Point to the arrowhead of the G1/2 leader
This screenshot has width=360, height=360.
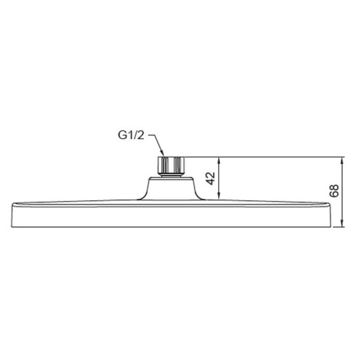click(164, 156)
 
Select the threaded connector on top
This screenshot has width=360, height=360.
click(171, 165)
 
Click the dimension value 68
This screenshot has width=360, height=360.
click(335, 191)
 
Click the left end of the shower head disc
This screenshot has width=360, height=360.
click(12, 206)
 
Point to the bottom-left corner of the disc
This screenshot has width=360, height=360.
click(16, 226)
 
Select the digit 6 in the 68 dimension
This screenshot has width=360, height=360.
click(335, 195)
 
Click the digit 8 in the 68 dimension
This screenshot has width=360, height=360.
click(335, 187)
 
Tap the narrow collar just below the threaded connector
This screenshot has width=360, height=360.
click(171, 175)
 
